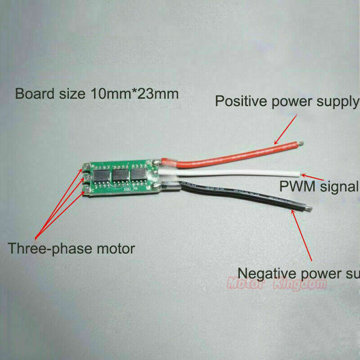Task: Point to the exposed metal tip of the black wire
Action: [309, 208]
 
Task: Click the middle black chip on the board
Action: [120, 174]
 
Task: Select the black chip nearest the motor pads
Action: [100, 176]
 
